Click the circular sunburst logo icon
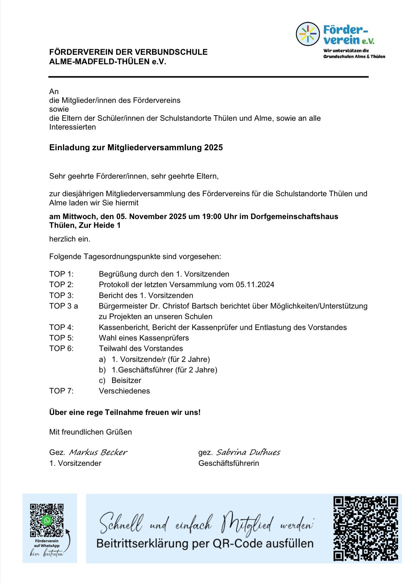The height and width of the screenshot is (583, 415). pyautogui.click(x=307, y=34)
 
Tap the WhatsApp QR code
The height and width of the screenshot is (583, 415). pyautogui.click(x=47, y=520)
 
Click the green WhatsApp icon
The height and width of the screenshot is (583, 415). pyautogui.click(x=47, y=520)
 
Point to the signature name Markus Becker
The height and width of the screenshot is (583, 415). pyautogui.click(x=98, y=452)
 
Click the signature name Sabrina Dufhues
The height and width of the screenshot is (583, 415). pyautogui.click(x=248, y=452)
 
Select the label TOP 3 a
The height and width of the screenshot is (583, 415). pyautogui.click(x=64, y=306)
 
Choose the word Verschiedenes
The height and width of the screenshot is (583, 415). pyautogui.click(x=124, y=391)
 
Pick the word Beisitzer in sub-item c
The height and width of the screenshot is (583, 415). pyautogui.click(x=126, y=380)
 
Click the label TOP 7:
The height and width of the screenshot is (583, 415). pyautogui.click(x=61, y=391)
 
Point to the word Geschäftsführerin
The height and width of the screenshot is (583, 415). pyautogui.click(x=228, y=463)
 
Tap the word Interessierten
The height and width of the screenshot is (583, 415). pyautogui.click(x=72, y=127)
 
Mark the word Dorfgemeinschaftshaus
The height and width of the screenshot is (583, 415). pyautogui.click(x=294, y=217)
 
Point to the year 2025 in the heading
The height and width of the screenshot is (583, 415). pyautogui.click(x=213, y=148)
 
